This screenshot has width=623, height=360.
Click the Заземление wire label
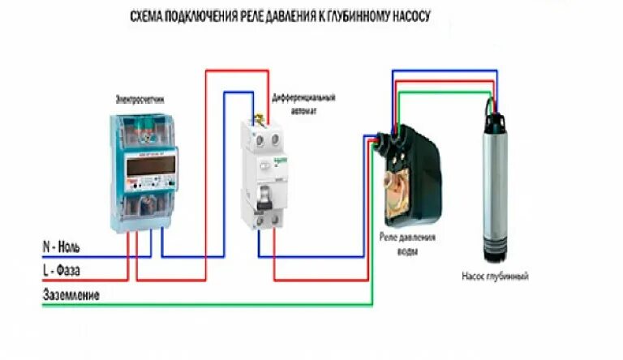coord(71,296)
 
